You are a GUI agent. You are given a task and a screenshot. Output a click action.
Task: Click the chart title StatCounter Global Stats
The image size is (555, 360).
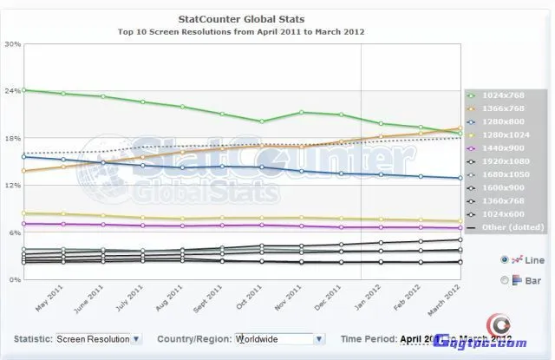(241, 18)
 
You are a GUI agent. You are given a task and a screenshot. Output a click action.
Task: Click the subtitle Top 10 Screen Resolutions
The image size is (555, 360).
(241, 31)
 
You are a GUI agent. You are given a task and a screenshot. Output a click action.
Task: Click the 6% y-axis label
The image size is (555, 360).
(13, 233)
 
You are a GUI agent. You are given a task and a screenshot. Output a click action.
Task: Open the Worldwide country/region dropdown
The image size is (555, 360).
(278, 339)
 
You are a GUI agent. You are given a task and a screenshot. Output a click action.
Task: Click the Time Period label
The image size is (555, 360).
(369, 339)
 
